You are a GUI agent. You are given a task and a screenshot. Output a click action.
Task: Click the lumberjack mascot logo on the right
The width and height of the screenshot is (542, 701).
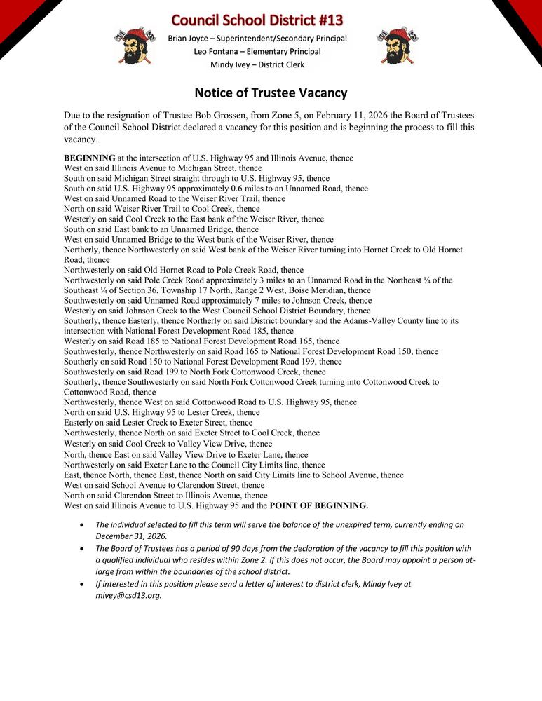point(397,46)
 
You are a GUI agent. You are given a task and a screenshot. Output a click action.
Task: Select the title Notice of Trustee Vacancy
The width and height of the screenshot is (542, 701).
point(271,93)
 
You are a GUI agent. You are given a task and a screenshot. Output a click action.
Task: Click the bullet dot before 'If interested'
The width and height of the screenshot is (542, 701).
point(85,583)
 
